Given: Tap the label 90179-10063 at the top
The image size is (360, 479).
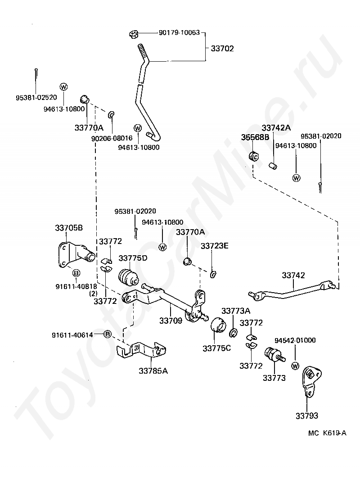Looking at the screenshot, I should coord(179,33).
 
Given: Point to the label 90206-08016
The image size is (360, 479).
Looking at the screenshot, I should coord(112,139).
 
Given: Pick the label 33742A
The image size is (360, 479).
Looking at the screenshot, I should coord(276,128).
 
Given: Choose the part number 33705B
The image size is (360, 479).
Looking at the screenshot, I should coord(69,228).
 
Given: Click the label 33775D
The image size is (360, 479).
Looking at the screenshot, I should coord(133,258).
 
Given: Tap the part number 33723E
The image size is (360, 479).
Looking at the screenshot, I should coord(215,246).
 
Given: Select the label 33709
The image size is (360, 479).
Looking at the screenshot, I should coord(171,321).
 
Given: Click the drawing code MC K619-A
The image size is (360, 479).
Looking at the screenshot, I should coord(328,433).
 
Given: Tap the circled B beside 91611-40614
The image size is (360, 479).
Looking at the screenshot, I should coord(107,334).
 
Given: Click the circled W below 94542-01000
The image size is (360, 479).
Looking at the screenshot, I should coord(295,366).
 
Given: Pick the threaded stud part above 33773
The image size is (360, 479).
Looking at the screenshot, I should coord(274,356).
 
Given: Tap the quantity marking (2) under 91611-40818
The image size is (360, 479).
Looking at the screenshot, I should coord(94,293).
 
